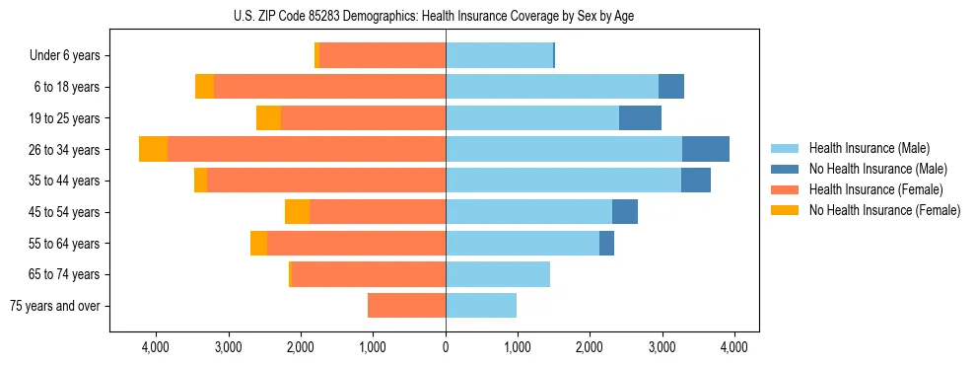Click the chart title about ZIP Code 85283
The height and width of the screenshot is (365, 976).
pyautogui.click(x=446, y=15)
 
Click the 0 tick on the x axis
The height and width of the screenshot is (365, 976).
pyautogui.click(x=446, y=348)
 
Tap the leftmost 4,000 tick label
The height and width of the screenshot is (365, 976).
pyautogui.click(x=157, y=348)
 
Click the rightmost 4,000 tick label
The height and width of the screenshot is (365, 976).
pyautogui.click(x=733, y=348)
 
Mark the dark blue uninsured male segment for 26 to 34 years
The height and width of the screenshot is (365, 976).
pyautogui.click(x=706, y=149)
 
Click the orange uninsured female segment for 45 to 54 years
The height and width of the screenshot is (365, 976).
pyautogui.click(x=297, y=212)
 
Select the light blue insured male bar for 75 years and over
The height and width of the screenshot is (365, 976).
pyautogui.click(x=481, y=306)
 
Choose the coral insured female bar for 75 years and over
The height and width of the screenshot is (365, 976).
pyautogui.click(x=406, y=306)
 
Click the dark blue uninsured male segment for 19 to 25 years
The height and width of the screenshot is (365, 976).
pyautogui.click(x=640, y=118)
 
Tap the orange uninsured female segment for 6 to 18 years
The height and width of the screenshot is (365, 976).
pyautogui.click(x=204, y=87)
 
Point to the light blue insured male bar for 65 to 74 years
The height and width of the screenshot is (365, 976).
pyautogui.click(x=498, y=274)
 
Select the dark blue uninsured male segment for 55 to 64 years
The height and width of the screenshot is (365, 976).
pyautogui.click(x=606, y=243)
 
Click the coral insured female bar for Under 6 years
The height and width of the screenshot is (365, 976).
pyautogui.click(x=383, y=56)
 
